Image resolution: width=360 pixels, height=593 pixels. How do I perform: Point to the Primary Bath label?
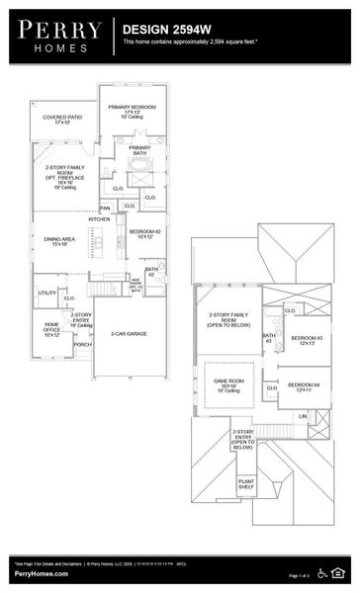click(139, 150)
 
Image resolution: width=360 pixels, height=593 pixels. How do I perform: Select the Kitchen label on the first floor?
click(99, 219)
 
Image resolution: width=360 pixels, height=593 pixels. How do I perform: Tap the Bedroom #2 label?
click(144, 233)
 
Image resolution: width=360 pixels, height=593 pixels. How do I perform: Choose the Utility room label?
click(46, 293)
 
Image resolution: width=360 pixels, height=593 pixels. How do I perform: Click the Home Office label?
click(52, 328)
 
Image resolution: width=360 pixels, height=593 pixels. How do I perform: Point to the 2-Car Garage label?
click(129, 334)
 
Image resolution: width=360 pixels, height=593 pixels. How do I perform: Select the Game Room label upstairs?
click(229, 381)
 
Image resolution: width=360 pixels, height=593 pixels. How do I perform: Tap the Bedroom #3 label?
click(305, 341)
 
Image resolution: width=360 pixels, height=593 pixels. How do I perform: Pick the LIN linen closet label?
click(303, 416)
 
